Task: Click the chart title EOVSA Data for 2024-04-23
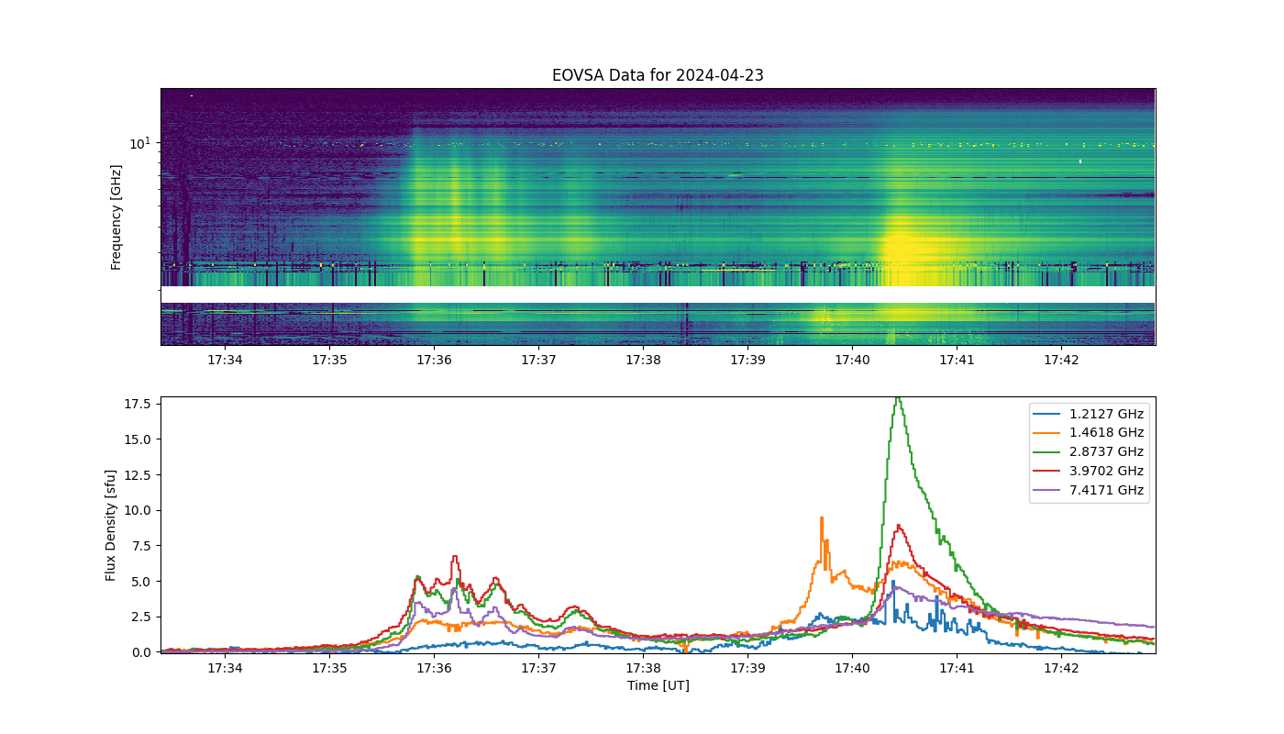tap(658, 75)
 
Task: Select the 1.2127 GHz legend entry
tap(1088, 414)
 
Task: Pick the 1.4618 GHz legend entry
tap(1088, 432)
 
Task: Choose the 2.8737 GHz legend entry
tap(1088, 451)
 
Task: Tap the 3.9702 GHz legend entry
tap(1088, 471)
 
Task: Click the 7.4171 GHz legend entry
tap(1088, 490)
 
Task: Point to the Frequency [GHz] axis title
tap(116, 217)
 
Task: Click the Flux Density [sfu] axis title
tap(110, 525)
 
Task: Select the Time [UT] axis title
tap(659, 685)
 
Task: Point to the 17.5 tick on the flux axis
tap(138, 404)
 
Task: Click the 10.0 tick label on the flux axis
tap(138, 510)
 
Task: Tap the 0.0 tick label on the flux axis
tap(141, 652)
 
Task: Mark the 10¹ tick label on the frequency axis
tap(139, 143)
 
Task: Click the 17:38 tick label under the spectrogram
tap(643, 360)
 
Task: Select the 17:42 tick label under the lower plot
tap(1061, 668)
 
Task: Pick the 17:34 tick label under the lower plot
tap(225, 668)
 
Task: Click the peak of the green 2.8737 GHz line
tap(898, 398)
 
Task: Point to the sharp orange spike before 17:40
tap(822, 518)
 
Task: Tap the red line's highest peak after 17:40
tap(898, 525)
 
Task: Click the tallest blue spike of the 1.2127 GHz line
tap(893, 582)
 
